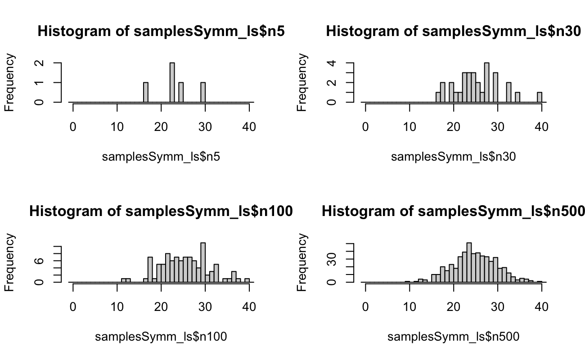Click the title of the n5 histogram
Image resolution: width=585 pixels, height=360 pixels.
tap(161, 31)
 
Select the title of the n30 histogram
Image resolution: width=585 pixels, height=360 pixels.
tap(453, 31)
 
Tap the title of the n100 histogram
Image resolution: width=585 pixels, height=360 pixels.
tap(161, 211)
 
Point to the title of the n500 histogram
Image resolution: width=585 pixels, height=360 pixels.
tap(453, 211)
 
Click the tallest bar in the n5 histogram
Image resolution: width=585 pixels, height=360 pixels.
tap(172, 83)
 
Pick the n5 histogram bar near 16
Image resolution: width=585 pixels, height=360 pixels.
tap(145, 93)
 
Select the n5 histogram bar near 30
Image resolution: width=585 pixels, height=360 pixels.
tap(203, 93)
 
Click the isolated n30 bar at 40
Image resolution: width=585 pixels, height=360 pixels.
tap(540, 97)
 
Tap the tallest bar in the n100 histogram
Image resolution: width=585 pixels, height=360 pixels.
tap(203, 263)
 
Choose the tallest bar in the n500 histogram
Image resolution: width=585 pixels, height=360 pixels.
tap(469, 263)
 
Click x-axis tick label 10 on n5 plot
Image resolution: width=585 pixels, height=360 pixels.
tap(117, 127)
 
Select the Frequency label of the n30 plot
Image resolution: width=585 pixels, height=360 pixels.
tap(302, 82)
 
